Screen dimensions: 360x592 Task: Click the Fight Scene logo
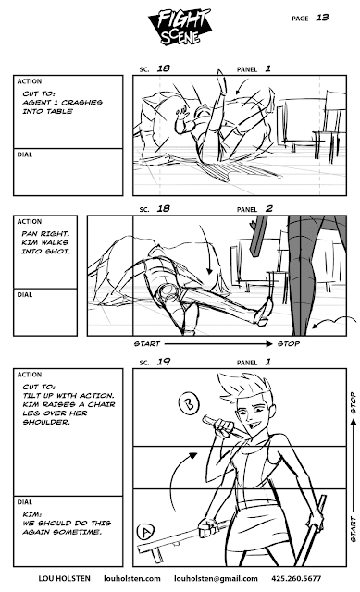tap(180, 27)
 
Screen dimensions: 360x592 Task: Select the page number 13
tap(322, 18)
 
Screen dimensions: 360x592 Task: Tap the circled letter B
tap(188, 403)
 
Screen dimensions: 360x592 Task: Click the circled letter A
tap(145, 532)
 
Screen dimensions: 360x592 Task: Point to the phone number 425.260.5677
tap(296, 578)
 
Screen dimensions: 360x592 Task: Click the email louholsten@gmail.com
tap(216, 578)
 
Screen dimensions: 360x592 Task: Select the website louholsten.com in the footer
tap(132, 578)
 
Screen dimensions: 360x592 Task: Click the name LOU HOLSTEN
tap(64, 578)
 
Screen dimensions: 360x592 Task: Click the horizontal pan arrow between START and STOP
tap(218, 343)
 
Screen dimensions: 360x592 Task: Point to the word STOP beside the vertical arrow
tap(354, 403)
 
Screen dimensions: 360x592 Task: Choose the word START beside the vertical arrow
tap(354, 529)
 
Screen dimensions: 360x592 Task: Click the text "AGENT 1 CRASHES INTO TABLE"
tap(62, 107)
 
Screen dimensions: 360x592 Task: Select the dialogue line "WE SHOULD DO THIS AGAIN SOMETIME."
tap(67, 527)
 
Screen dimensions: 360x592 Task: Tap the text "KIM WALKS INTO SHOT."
tap(46, 247)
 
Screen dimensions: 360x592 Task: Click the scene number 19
tap(164, 362)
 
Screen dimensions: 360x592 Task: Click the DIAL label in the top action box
tap(25, 154)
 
